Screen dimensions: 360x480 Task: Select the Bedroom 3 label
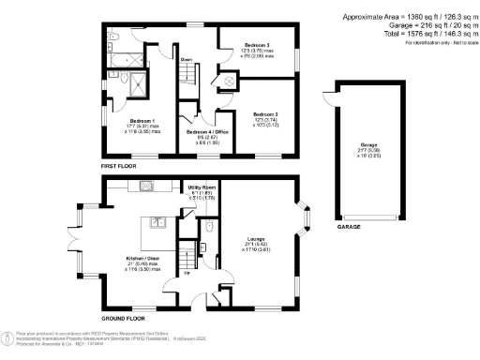click(258, 45)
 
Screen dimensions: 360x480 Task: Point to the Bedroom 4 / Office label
click(209, 130)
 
